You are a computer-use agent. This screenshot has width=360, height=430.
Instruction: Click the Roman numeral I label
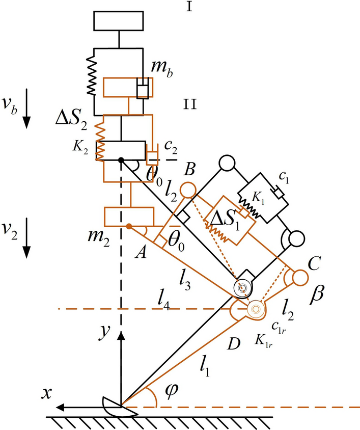click(188, 9)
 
